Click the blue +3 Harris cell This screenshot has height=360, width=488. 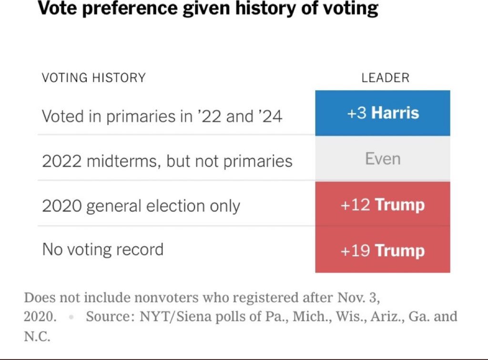pyautogui.click(x=382, y=113)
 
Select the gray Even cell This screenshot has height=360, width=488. pyautogui.click(x=382, y=159)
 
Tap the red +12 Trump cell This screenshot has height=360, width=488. pyautogui.click(x=382, y=205)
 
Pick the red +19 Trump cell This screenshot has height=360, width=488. pyautogui.click(x=382, y=250)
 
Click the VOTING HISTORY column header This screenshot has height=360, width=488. pyautogui.click(x=94, y=78)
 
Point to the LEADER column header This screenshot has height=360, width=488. pyautogui.click(x=385, y=78)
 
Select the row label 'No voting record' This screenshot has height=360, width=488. pyautogui.click(x=102, y=250)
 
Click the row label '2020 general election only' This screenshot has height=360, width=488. pyautogui.click(x=141, y=206)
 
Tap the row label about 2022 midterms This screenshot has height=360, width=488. pyautogui.click(x=167, y=161)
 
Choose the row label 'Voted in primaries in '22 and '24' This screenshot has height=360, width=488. pyautogui.click(x=162, y=116)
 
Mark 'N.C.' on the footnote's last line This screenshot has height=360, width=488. pyautogui.click(x=37, y=336)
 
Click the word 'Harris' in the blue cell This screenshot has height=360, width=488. pyautogui.click(x=395, y=113)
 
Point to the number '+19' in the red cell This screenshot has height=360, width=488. pyautogui.click(x=356, y=250)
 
